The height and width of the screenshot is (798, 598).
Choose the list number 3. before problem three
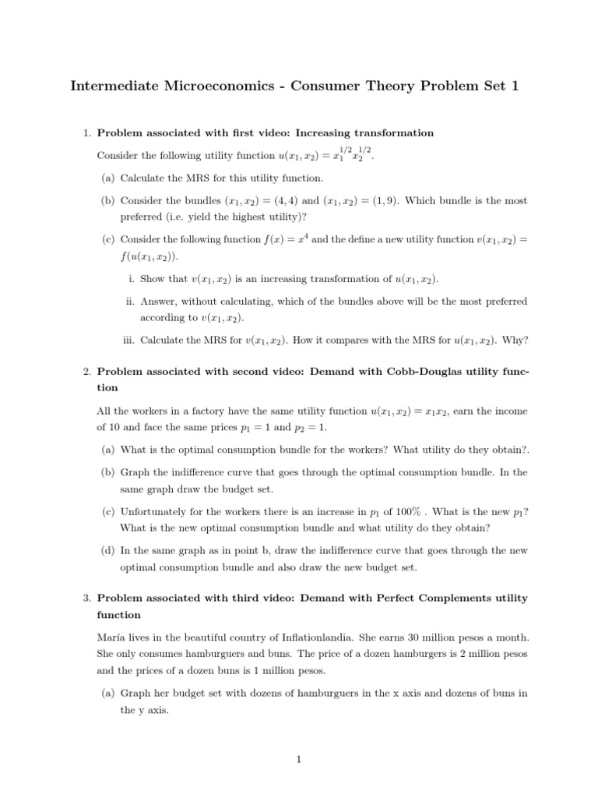pyautogui.click(x=88, y=598)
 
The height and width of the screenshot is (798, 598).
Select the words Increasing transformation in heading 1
pyautogui.click(x=369, y=133)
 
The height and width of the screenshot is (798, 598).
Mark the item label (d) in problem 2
pyautogui.click(x=108, y=550)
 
